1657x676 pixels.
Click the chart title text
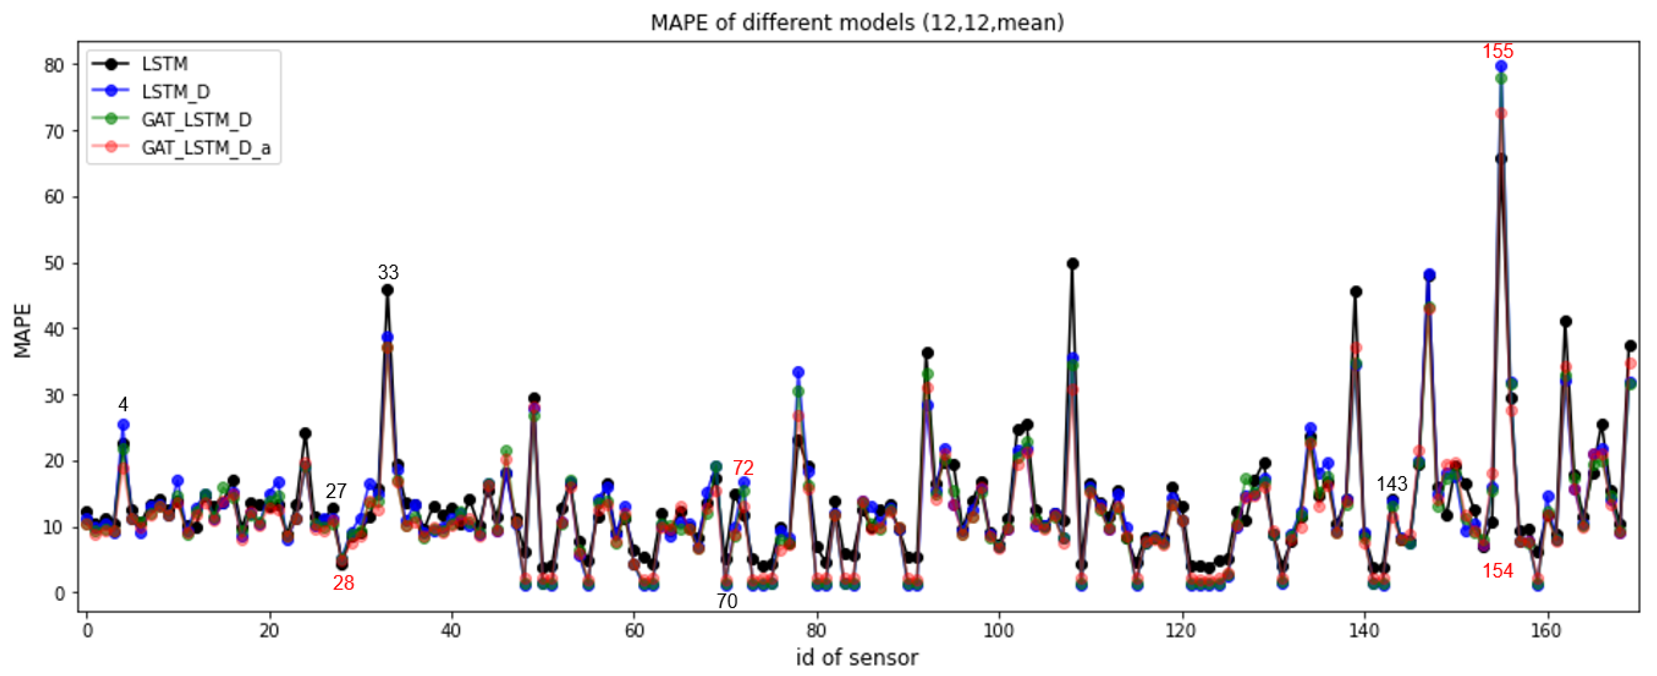pyautogui.click(x=857, y=22)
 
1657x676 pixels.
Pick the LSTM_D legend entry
pyautogui.click(x=175, y=92)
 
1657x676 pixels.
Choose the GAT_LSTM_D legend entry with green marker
pyautogui.click(x=196, y=120)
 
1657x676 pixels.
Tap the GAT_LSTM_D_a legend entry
pyautogui.click(x=206, y=148)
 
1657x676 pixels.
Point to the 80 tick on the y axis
pyautogui.click(x=54, y=65)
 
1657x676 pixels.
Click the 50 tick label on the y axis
pyautogui.click(x=54, y=263)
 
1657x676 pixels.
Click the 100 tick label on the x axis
pyautogui.click(x=998, y=631)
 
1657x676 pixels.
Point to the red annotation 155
pyautogui.click(x=1497, y=52)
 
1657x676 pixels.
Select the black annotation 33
pyautogui.click(x=388, y=272)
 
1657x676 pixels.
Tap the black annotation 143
pyautogui.click(x=1391, y=484)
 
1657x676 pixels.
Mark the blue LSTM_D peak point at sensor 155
pyautogui.click(x=1501, y=66)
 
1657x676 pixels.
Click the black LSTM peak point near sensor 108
pyautogui.click(x=1072, y=264)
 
